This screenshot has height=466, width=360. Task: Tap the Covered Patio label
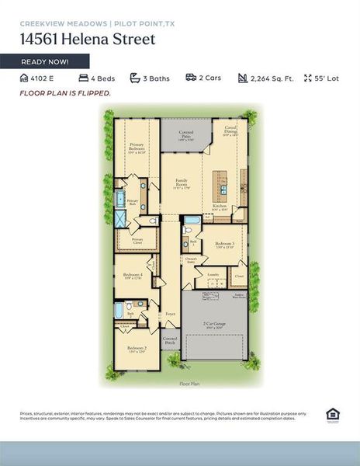coord(186,135)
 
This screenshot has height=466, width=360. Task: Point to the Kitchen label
coord(220,207)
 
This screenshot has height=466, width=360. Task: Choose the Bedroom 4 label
coord(133,276)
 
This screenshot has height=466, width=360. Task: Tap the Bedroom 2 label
coord(137,349)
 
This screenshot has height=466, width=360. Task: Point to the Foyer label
coord(170,315)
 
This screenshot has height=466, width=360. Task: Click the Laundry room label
coord(212,275)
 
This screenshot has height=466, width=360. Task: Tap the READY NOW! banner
coord(45,61)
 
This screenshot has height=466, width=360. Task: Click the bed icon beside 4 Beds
coord(83,78)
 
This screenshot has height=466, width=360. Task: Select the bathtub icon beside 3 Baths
coord(135,78)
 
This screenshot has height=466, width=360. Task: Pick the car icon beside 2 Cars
coord(190,78)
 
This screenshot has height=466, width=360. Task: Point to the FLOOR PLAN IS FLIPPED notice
coord(65,93)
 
